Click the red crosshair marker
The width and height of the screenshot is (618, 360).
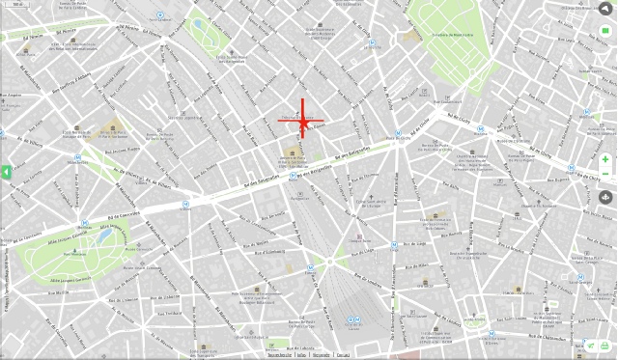302,120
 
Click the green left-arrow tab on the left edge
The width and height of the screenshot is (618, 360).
6,172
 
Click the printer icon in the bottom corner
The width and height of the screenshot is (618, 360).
605,346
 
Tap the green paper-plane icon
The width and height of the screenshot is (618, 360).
591,346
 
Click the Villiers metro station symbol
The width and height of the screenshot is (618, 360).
184,205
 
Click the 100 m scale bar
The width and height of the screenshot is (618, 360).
280,354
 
